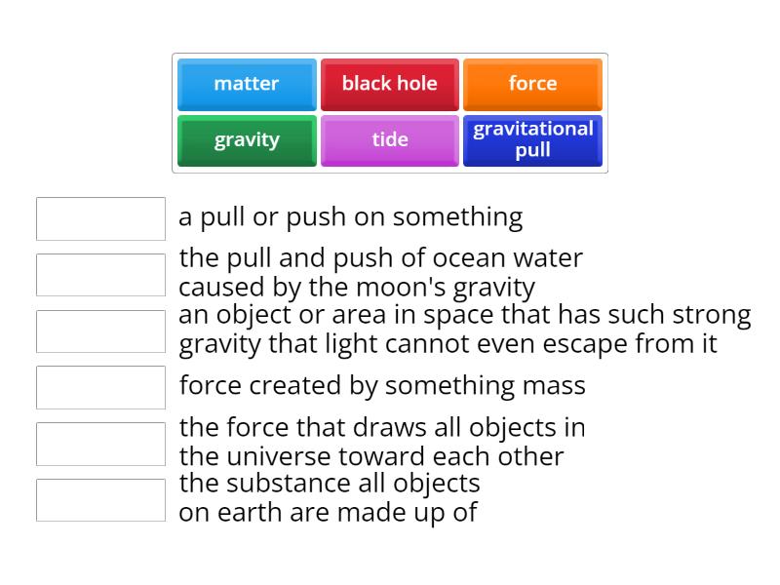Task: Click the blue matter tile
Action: tap(247, 84)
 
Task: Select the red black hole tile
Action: tap(389, 84)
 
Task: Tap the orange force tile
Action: tap(532, 84)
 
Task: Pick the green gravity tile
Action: tap(247, 140)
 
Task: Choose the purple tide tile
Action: tap(389, 140)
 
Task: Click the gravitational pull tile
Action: tap(532, 140)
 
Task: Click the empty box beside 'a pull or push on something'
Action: tap(100, 218)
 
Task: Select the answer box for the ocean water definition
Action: tap(100, 275)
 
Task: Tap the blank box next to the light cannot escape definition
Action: tap(100, 331)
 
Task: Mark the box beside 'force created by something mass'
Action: tap(100, 387)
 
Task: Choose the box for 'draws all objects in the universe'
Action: tap(100, 444)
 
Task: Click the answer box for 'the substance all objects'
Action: tap(100, 500)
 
